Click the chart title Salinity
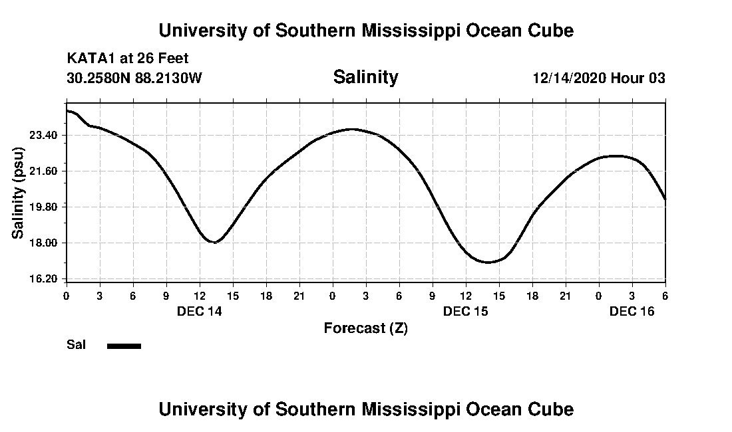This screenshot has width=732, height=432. (365, 77)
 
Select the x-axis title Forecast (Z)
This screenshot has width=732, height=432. (365, 328)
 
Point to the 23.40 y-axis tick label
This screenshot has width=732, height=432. (45, 136)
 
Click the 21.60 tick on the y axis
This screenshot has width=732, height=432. (45, 171)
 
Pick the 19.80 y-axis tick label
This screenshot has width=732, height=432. (45, 207)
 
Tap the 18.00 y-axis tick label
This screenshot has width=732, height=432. (45, 243)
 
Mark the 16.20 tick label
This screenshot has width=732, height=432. (45, 278)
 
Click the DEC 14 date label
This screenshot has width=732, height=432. (200, 311)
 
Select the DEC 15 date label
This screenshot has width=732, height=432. (466, 311)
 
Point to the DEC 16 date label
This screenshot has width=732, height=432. (632, 311)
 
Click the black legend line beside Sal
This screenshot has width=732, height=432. (124, 346)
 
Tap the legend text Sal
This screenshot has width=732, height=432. (77, 345)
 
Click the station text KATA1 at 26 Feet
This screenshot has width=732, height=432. (128, 58)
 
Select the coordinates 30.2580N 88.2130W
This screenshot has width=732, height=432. (134, 78)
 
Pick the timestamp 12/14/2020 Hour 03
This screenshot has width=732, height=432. (599, 78)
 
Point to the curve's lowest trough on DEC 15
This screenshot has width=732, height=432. (488, 262)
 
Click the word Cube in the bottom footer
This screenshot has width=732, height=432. (552, 409)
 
